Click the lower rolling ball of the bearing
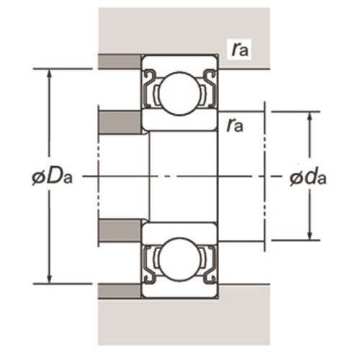(180, 261)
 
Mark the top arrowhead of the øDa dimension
(49, 73)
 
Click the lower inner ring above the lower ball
(180, 232)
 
